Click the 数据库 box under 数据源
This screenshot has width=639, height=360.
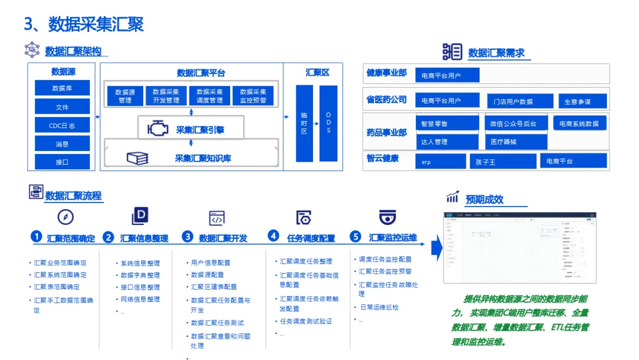click(x=62, y=88)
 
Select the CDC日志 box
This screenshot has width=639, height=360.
click(x=62, y=126)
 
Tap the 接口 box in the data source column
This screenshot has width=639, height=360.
click(x=62, y=162)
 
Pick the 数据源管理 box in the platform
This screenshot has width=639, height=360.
click(x=125, y=96)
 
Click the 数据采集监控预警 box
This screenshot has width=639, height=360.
click(x=253, y=96)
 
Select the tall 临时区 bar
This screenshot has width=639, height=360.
click(x=304, y=123)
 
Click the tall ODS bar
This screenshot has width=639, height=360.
click(x=328, y=123)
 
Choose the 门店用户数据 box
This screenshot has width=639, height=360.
click(x=519, y=101)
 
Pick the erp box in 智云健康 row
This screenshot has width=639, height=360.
click(x=440, y=161)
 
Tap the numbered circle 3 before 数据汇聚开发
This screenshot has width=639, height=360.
click(x=188, y=237)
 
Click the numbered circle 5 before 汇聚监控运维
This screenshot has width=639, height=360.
click(x=356, y=237)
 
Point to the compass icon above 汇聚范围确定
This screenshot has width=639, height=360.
click(x=66, y=216)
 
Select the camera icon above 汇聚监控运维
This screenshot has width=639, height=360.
click(x=388, y=216)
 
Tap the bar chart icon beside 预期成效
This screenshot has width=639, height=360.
click(x=453, y=197)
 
